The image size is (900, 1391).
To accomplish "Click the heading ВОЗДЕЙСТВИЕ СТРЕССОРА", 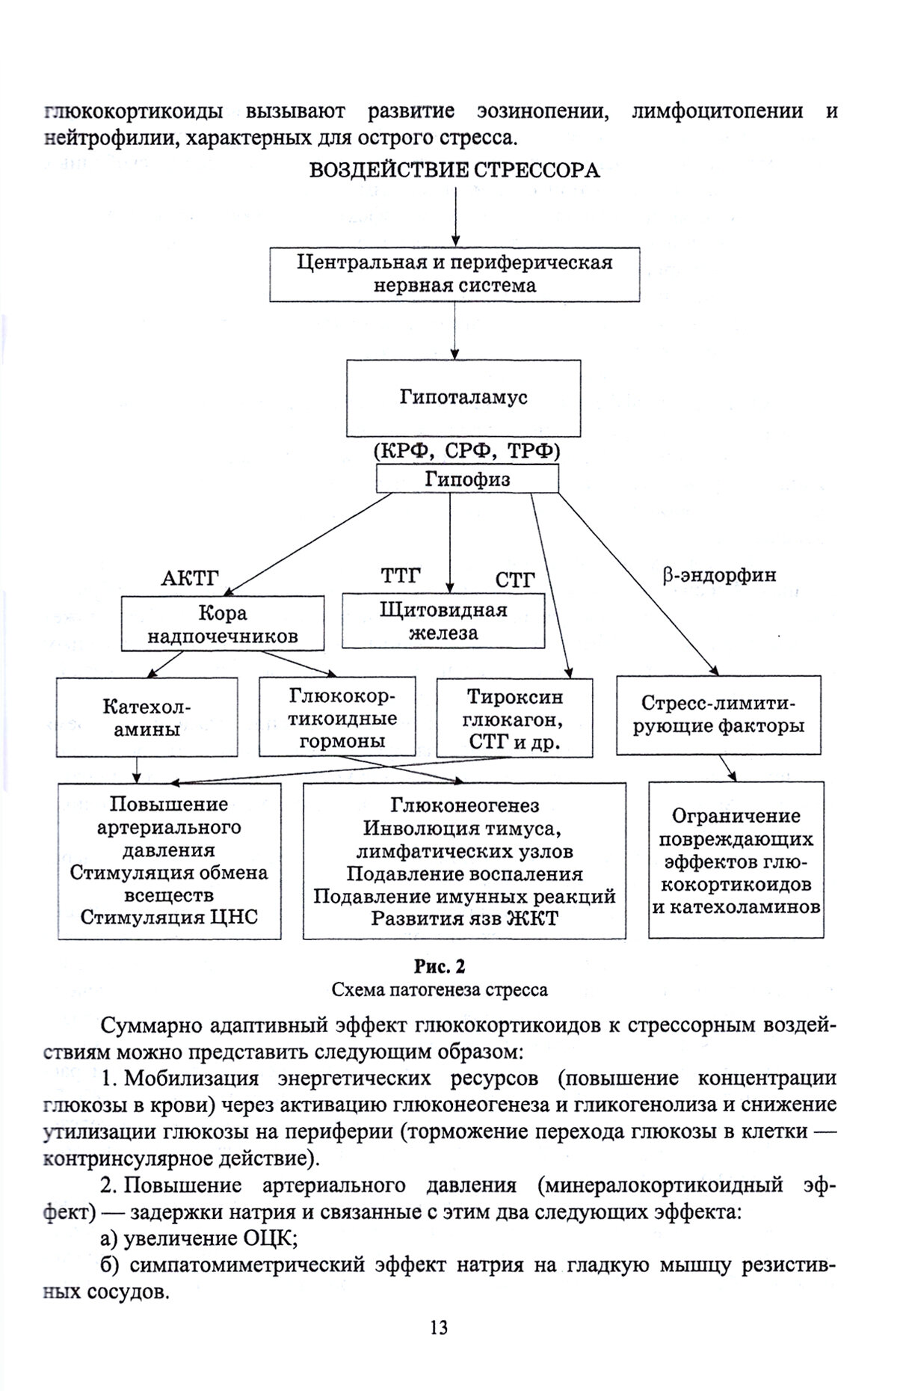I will (454, 171).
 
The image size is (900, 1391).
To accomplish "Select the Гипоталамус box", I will (463, 398).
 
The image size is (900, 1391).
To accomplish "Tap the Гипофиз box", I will (466, 479).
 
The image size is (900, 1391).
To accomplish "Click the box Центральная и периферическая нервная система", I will (454, 274).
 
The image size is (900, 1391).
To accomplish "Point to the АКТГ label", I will (190, 579).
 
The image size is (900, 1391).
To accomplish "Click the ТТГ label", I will (401, 576).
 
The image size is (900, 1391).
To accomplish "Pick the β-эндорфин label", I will (719, 575).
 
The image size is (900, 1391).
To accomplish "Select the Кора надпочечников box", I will (223, 624).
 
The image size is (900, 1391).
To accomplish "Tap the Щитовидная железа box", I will (443, 621).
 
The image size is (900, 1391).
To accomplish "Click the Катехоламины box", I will (147, 717).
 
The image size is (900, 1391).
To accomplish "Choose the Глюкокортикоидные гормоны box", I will (337, 718).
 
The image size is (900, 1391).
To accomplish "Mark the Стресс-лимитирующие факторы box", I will (718, 715).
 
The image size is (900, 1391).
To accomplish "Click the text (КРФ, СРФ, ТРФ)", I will (466, 451).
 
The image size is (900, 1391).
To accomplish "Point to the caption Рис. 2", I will (440, 967).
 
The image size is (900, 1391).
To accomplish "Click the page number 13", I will (439, 1327).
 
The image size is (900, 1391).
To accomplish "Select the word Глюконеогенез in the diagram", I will (464, 805).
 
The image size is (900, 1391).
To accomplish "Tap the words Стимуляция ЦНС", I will (169, 918).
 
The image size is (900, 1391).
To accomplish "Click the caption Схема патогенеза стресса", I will (440, 990).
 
